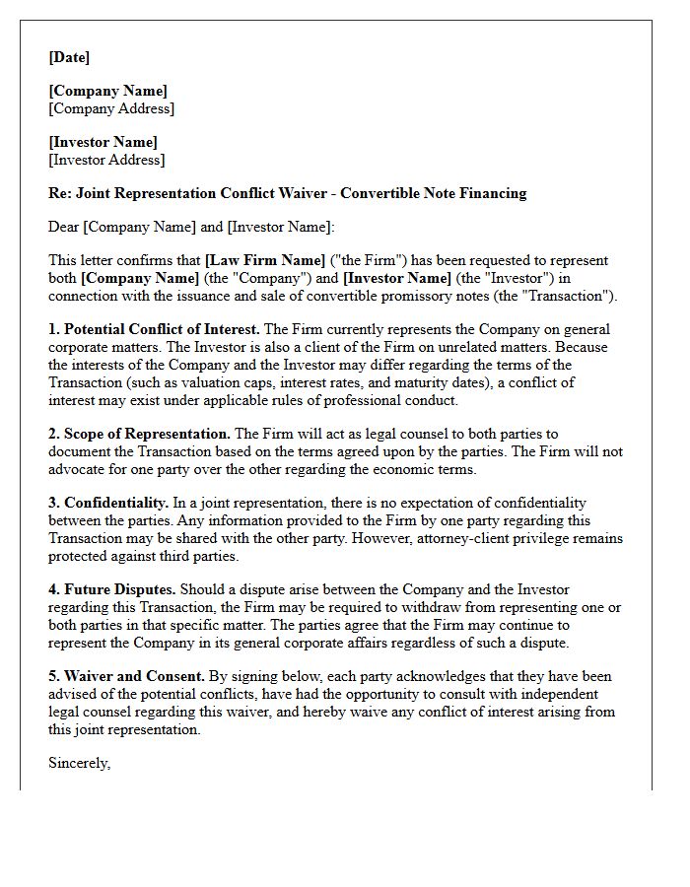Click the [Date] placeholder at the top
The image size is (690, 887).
(69, 57)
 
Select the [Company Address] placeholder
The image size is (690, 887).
(111, 108)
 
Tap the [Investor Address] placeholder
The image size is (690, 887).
(106, 160)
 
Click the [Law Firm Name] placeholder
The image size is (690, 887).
(265, 261)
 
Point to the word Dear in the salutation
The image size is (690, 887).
(64, 227)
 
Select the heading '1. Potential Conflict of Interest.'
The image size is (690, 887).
(155, 329)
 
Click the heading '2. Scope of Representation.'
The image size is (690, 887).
(139, 434)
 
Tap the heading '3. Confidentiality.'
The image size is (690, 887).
(108, 503)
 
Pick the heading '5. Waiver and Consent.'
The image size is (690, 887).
(126, 676)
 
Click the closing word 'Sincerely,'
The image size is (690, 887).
(80, 763)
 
